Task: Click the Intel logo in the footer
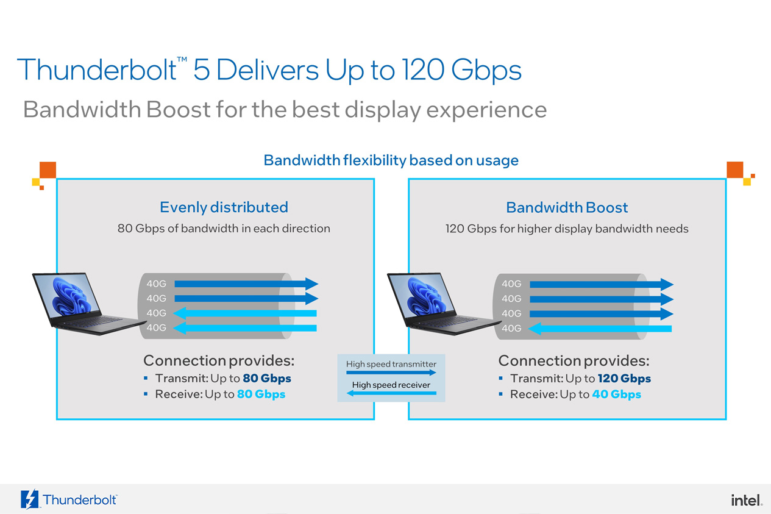(747, 500)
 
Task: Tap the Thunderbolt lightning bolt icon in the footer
(30, 499)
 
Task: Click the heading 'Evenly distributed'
(224, 207)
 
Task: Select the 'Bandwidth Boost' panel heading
(567, 207)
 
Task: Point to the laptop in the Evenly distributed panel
(88, 304)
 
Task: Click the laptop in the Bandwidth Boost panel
(443, 304)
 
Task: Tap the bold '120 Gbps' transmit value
(624, 379)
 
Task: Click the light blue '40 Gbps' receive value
(616, 394)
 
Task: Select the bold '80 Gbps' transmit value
(267, 379)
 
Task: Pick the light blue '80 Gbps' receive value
(261, 394)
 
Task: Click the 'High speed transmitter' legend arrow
(391, 373)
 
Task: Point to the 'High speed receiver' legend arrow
(391, 393)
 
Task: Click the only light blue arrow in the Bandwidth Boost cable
(600, 329)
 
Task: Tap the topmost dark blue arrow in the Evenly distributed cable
(246, 284)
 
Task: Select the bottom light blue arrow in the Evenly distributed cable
(245, 328)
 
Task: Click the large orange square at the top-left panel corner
(48, 170)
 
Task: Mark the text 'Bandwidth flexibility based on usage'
(391, 160)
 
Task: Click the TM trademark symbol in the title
(182, 60)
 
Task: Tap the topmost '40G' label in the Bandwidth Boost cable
(511, 284)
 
